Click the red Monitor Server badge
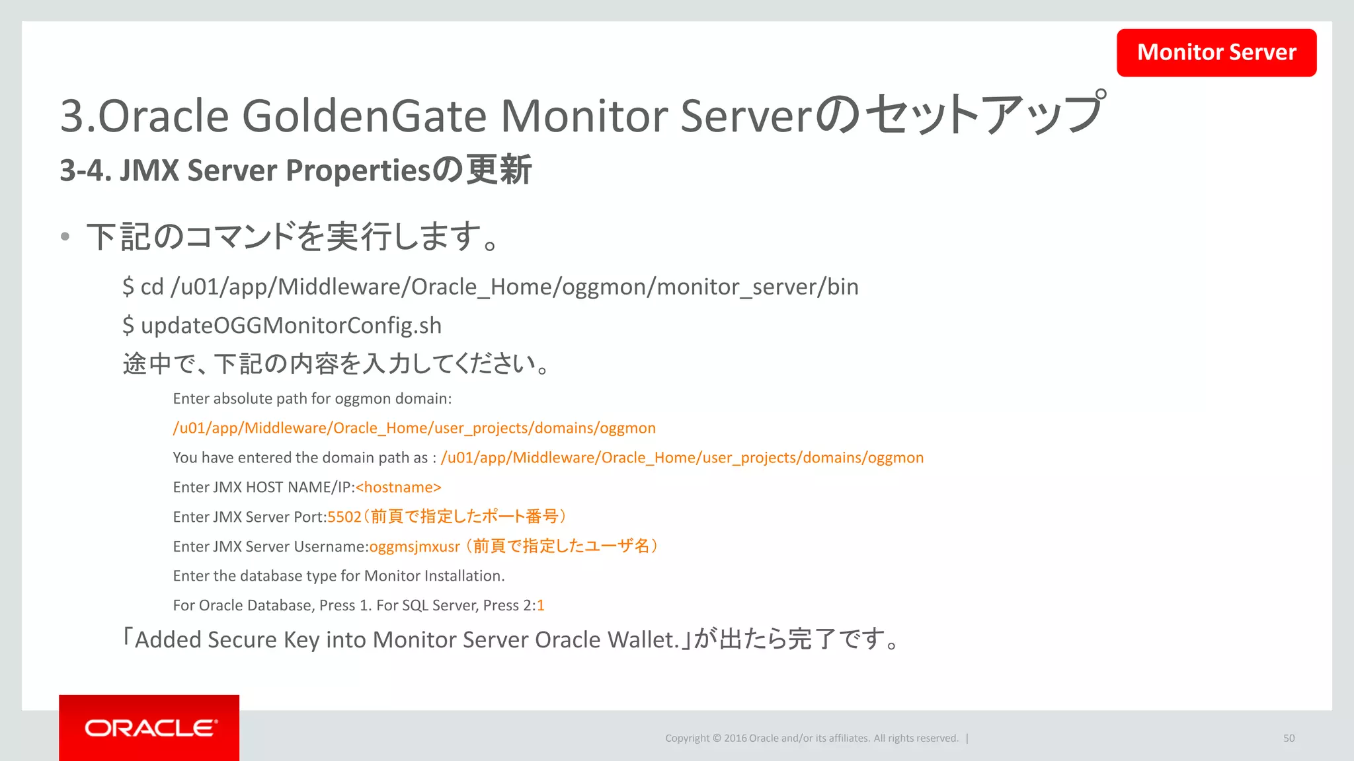pos(1216,53)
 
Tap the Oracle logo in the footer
pos(150,728)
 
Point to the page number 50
pos(1289,739)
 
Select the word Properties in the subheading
pos(358,171)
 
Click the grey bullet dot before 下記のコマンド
pos(65,237)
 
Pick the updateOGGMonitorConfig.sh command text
pos(291,326)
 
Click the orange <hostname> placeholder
pos(398,488)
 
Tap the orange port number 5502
pos(344,517)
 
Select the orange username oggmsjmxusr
pos(415,547)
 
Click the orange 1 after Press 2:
pos(541,606)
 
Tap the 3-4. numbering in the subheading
pos(85,171)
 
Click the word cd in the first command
pos(152,287)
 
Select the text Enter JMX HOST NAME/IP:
pos(264,488)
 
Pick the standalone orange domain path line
pos(414,428)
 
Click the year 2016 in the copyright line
pos(735,739)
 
